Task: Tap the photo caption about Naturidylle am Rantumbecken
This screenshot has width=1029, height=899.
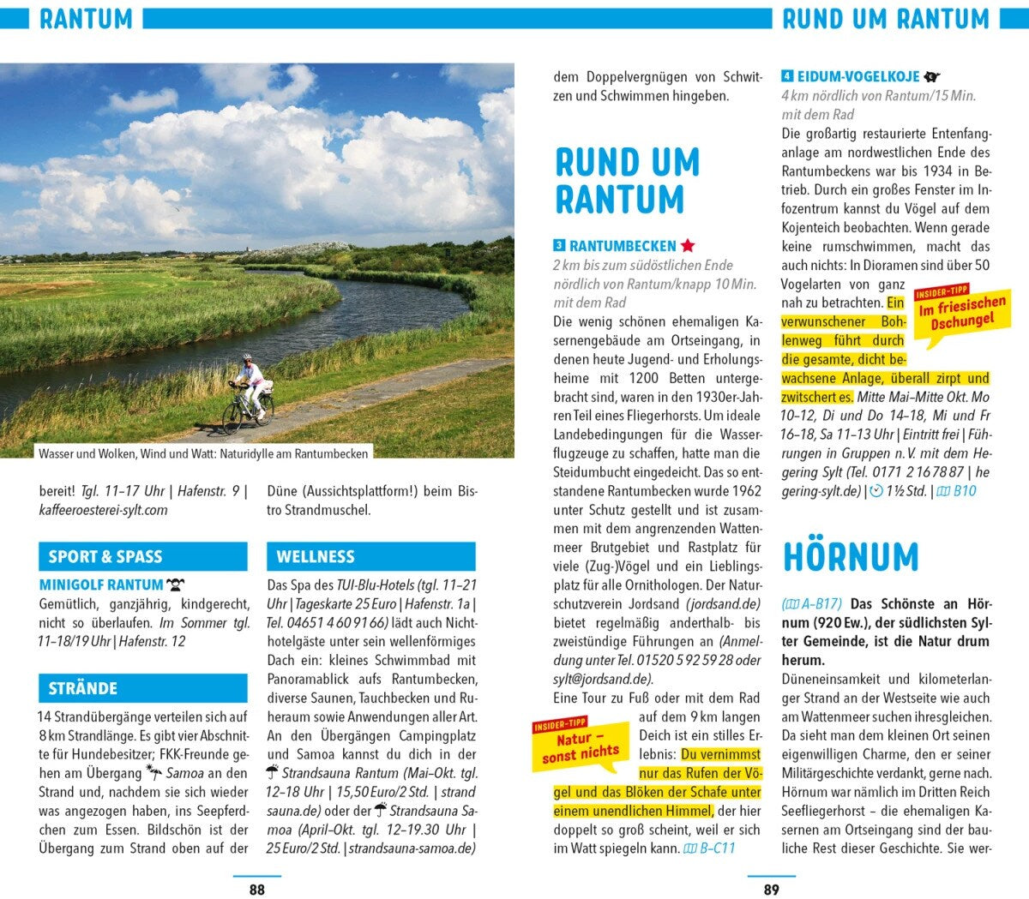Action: [203, 453]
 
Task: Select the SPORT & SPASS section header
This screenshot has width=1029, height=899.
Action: [142, 556]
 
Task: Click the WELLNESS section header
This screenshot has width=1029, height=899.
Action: [370, 556]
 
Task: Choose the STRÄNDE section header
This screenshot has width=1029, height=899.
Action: [142, 688]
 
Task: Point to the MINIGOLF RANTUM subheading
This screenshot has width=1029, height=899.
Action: [101, 584]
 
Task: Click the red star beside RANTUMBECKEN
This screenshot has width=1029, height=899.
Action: [688, 246]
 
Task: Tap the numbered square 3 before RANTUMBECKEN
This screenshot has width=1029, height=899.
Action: [559, 246]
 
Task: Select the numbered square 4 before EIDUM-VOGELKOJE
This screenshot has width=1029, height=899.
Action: [787, 76]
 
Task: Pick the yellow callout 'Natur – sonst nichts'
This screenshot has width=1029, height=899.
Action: [581, 746]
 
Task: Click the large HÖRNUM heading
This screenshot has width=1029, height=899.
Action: [850, 557]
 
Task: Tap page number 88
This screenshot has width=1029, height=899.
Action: [257, 890]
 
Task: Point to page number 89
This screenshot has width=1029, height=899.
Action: [772, 890]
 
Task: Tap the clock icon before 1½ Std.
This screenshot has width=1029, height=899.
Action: [876, 491]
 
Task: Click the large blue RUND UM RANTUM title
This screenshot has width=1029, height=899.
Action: [627, 180]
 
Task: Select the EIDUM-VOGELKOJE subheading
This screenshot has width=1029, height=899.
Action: [858, 76]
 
